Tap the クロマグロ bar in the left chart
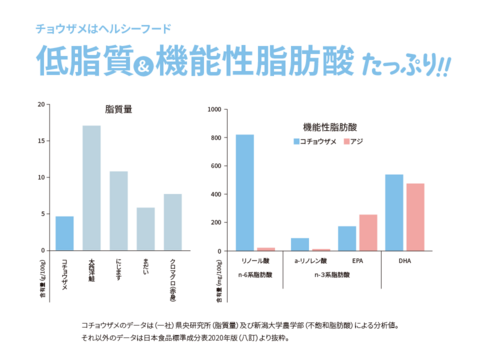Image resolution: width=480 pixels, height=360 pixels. click(x=172, y=221)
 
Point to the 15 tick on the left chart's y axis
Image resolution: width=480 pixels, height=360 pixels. click(x=42, y=141)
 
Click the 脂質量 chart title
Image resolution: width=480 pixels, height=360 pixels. click(x=119, y=109)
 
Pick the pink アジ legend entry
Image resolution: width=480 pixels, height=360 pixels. click(x=361, y=142)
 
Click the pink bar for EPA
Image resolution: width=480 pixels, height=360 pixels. click(x=368, y=232)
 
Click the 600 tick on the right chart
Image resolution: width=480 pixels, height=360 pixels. click(x=217, y=163)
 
